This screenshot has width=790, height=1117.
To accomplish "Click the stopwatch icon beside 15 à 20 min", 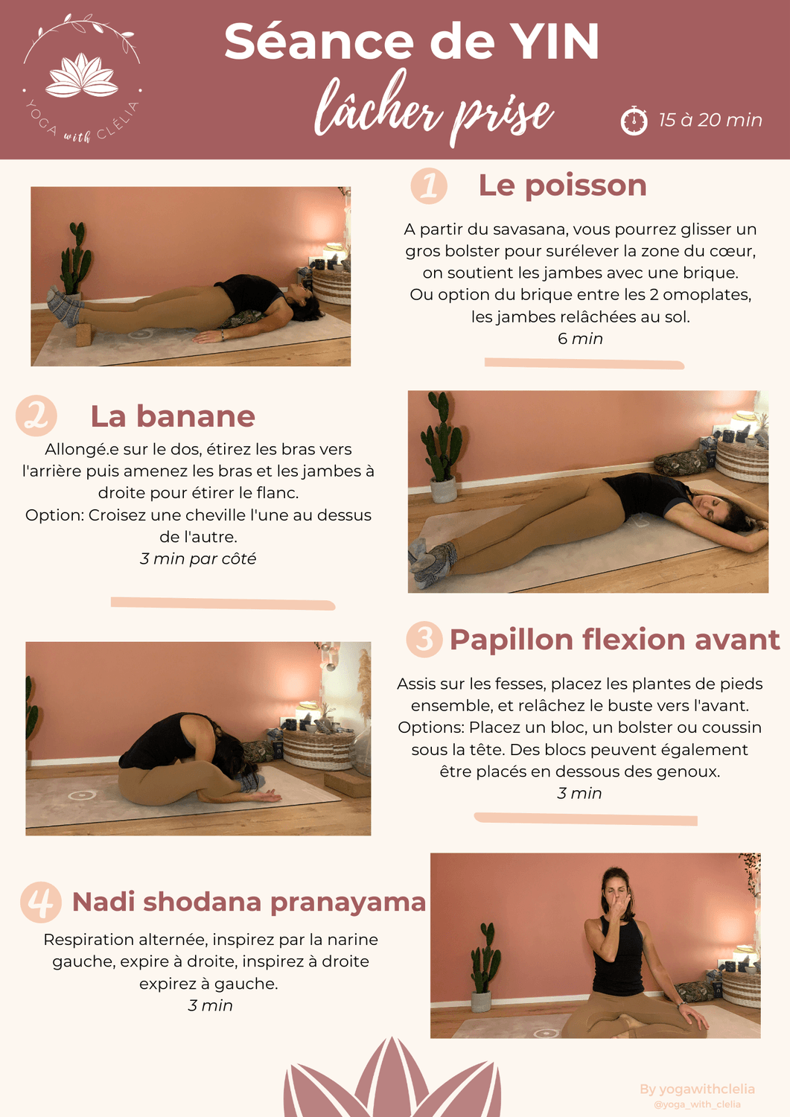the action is tap(634, 120).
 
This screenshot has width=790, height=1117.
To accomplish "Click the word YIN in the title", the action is tap(555, 42).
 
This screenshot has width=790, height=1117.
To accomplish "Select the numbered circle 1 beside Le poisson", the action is tap(429, 185).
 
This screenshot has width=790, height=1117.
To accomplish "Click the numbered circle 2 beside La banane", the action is tap(36, 416).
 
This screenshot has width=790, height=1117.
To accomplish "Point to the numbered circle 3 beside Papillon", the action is tap(424, 639).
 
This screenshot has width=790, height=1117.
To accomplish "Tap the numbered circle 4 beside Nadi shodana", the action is tap(41, 902).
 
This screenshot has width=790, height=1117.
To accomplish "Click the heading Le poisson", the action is tap(563, 186).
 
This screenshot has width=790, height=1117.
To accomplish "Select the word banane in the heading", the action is tap(196, 416).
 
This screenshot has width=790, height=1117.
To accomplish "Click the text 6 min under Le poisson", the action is tap(580, 339).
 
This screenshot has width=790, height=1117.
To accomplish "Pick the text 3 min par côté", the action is tap(198, 558).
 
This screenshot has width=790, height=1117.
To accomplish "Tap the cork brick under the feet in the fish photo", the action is tap(83, 333).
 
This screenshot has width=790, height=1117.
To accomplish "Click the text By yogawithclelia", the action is tap(697, 1089).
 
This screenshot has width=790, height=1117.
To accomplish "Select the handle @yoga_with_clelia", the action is tap(697, 1104).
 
